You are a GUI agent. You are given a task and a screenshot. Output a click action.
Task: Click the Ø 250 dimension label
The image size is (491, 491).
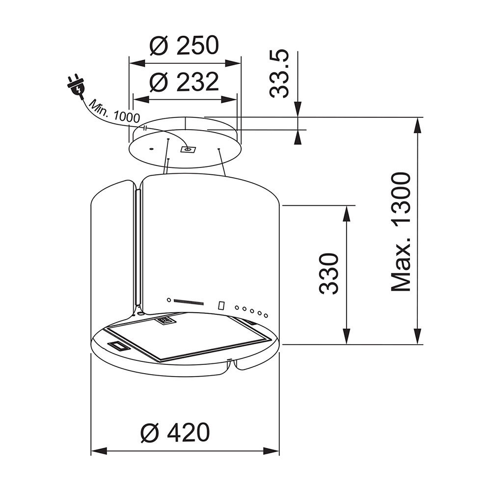184,45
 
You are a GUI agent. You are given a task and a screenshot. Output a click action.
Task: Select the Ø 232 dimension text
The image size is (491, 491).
184,82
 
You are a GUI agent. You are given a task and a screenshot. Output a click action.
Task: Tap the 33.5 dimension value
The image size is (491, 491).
279,73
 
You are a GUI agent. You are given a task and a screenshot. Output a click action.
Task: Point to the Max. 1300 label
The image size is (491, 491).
401,232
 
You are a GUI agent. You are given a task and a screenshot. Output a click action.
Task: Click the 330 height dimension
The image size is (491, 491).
329,273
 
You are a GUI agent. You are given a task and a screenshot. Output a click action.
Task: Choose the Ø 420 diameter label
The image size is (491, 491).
175,433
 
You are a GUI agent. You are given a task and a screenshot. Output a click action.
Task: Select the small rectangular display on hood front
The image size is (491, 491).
221,305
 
